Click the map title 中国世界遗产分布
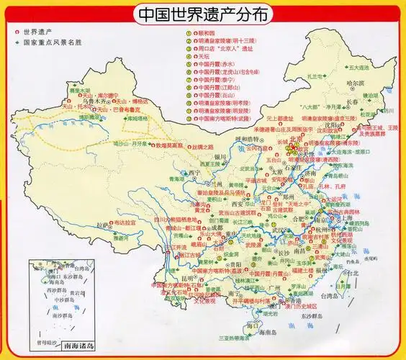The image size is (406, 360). pyautogui.click(x=202, y=14)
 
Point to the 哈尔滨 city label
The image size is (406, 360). pyautogui.click(x=357, y=84)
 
